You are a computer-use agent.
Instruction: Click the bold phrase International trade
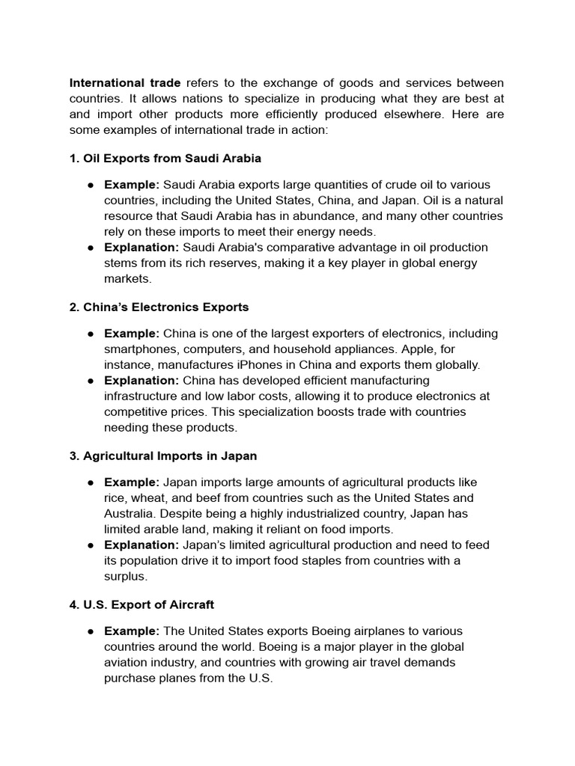120,82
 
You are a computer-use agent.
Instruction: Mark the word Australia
131,514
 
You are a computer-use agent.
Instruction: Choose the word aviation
127,663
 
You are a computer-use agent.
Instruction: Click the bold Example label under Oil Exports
132,185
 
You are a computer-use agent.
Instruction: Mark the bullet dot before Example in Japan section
90,482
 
